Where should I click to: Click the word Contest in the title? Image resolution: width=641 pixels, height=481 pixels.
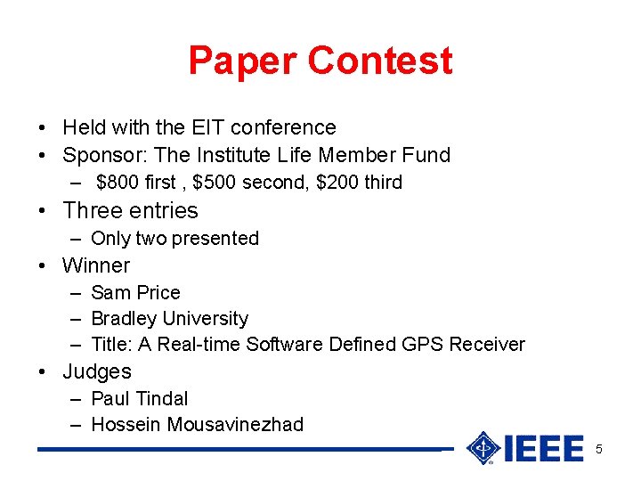pyautogui.click(x=380, y=61)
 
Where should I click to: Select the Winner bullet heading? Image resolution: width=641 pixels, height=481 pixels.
pyautogui.click(x=96, y=265)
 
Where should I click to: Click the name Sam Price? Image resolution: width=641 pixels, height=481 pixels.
pyautogui.click(x=135, y=293)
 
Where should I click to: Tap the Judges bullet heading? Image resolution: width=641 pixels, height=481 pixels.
pyautogui.click(x=97, y=372)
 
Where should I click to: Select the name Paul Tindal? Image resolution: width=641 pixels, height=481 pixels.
pyautogui.click(x=140, y=399)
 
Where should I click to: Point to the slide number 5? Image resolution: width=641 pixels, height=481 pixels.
pyautogui.click(x=599, y=449)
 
